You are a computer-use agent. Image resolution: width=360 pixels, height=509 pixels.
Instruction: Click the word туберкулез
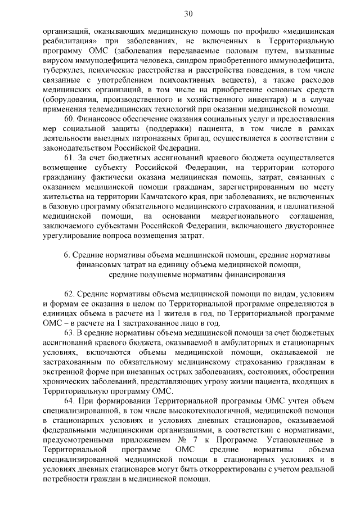(65, 70)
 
